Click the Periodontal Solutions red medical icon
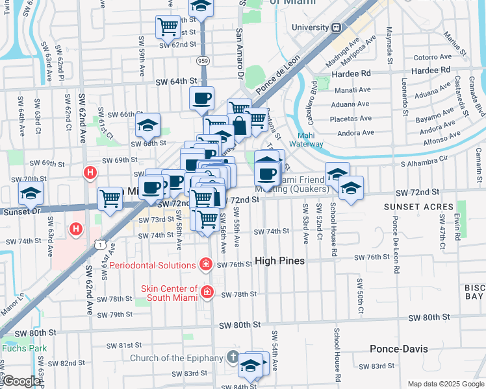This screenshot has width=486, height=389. [206, 265]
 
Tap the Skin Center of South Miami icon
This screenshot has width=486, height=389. [207, 292]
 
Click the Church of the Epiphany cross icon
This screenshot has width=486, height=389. [233, 358]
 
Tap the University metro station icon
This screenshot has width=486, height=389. [337, 27]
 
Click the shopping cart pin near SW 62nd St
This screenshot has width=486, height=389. [168, 27]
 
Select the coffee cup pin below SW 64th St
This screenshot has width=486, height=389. [201, 99]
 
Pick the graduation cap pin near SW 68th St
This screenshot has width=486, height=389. [148, 123]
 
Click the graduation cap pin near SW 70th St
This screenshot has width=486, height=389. [30, 193]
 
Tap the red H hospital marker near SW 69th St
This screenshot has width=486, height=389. [90, 173]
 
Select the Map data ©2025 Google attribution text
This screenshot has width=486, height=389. [445, 384]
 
